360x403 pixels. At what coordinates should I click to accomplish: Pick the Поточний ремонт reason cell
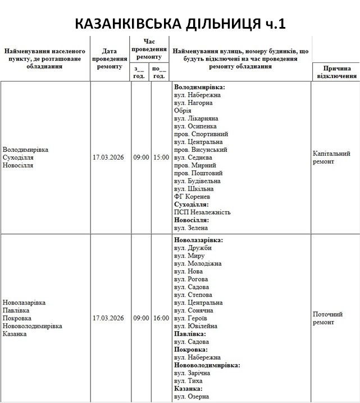[x=327, y=318]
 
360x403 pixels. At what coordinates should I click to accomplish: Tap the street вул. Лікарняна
[x=196, y=119]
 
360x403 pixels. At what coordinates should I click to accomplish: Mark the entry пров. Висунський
[x=200, y=150]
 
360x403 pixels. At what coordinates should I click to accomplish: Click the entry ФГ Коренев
[x=192, y=197]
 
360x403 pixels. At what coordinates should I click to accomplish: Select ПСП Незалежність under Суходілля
[x=202, y=212]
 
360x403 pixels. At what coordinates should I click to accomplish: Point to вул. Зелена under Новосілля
[x=191, y=228]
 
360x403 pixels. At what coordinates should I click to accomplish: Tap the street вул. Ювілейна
[x=195, y=326]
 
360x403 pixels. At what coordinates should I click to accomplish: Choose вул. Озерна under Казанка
[x=192, y=396]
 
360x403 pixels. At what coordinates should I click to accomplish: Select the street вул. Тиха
[x=189, y=381]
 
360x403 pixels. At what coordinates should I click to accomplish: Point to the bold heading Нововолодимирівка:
[x=207, y=365]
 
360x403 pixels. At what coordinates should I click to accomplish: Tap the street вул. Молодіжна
[x=198, y=264]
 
